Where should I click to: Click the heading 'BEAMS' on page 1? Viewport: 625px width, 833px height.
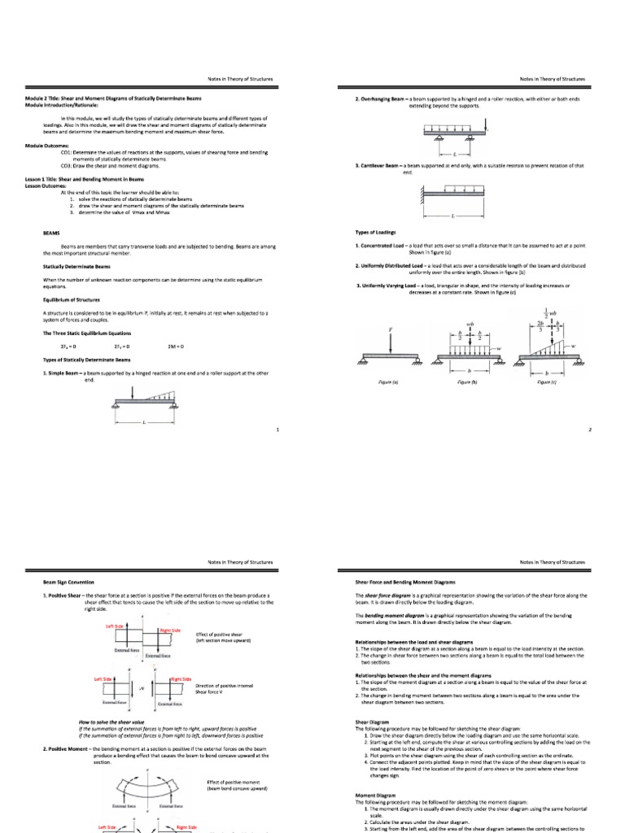(x=51, y=232)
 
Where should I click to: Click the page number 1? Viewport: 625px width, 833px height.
(x=278, y=430)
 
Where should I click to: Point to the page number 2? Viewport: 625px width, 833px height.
(x=589, y=430)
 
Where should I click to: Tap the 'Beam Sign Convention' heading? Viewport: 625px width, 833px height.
(x=68, y=583)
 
